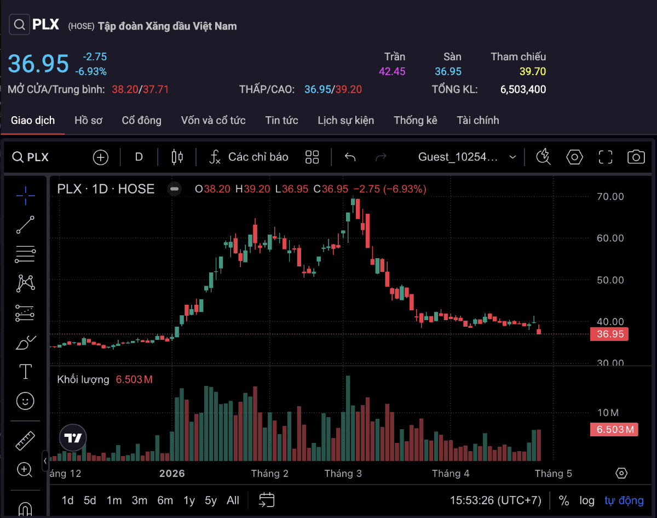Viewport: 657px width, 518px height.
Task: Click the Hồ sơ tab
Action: click(88, 120)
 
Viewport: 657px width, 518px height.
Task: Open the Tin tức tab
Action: click(281, 120)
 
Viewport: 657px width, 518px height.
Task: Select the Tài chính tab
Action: click(477, 120)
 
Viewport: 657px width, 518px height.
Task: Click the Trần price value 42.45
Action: click(392, 71)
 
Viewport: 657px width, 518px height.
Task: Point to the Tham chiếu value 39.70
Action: click(532, 71)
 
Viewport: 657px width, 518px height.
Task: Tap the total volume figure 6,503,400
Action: click(523, 89)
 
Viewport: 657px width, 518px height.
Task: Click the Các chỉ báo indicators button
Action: click(249, 157)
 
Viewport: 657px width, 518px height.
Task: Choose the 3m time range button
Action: click(139, 500)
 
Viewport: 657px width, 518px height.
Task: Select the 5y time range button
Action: click(211, 500)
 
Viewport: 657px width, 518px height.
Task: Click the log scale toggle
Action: click(587, 500)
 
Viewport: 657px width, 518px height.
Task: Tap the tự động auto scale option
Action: click(624, 500)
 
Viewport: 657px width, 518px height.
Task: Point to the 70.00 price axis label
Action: click(610, 196)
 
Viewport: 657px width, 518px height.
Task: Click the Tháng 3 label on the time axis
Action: click(343, 473)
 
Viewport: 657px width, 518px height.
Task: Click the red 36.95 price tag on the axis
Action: click(609, 334)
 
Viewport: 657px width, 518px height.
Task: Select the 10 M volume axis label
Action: click(608, 412)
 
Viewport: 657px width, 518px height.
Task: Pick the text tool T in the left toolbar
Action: click(25, 372)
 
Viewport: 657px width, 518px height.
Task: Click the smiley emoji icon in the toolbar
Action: click(25, 401)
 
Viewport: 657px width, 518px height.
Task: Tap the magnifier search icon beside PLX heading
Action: click(20, 25)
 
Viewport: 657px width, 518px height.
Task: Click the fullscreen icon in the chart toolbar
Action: click(605, 157)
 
